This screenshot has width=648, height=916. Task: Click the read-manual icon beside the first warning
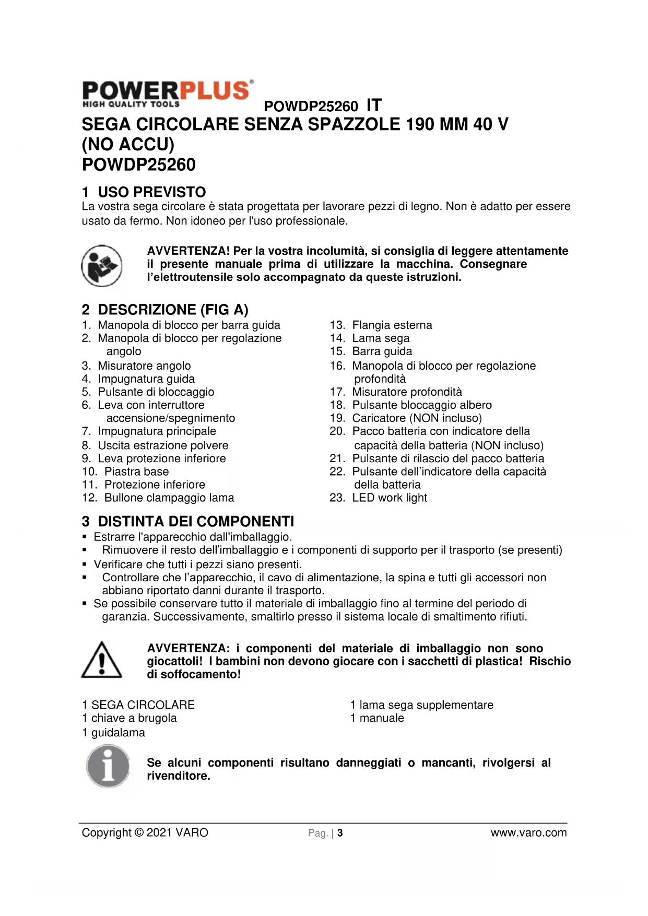(x=102, y=265)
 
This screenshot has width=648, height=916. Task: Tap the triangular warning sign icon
(x=102, y=661)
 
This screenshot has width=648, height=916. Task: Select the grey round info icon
(x=108, y=766)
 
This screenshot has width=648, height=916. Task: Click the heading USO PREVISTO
(x=151, y=192)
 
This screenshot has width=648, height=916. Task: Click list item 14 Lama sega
(x=381, y=338)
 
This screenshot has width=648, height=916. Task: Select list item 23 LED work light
(x=389, y=498)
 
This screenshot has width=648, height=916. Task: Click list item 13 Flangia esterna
(x=392, y=325)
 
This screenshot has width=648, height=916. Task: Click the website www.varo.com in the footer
(x=528, y=833)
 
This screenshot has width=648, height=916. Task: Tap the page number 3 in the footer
(x=340, y=833)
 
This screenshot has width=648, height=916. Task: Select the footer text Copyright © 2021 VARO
(x=145, y=833)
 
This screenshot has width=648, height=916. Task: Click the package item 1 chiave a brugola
(x=129, y=718)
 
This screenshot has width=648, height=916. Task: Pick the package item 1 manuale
(x=377, y=718)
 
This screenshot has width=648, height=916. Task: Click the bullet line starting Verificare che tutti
(x=197, y=565)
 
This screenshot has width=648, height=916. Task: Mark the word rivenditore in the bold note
(x=178, y=776)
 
